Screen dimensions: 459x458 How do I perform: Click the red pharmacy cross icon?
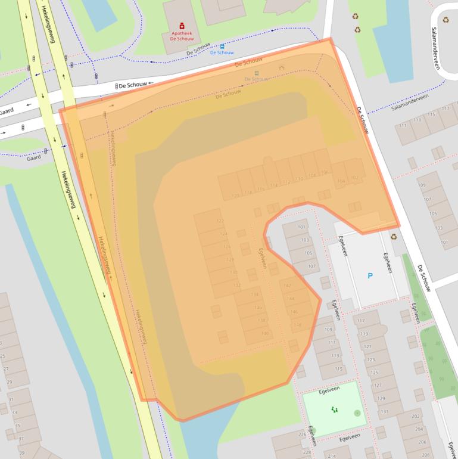click(x=182, y=26)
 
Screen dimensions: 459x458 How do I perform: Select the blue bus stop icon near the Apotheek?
click(x=222, y=46)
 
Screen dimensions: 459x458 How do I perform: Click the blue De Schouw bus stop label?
click(x=222, y=53)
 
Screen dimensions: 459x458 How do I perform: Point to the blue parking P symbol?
click(x=370, y=275)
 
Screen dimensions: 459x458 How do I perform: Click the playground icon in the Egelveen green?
click(x=334, y=410)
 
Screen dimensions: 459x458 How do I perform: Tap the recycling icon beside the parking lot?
click(x=393, y=236)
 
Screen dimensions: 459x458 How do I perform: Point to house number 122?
click(x=220, y=221)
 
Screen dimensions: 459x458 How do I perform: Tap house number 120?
click(x=235, y=195)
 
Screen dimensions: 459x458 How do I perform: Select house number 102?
click(x=355, y=178)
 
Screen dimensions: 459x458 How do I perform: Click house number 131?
click(x=384, y=411)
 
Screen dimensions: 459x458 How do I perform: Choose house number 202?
click(x=416, y=417)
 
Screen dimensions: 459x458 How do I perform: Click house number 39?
click(x=22, y=454)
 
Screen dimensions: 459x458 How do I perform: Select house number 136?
click(x=258, y=307)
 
